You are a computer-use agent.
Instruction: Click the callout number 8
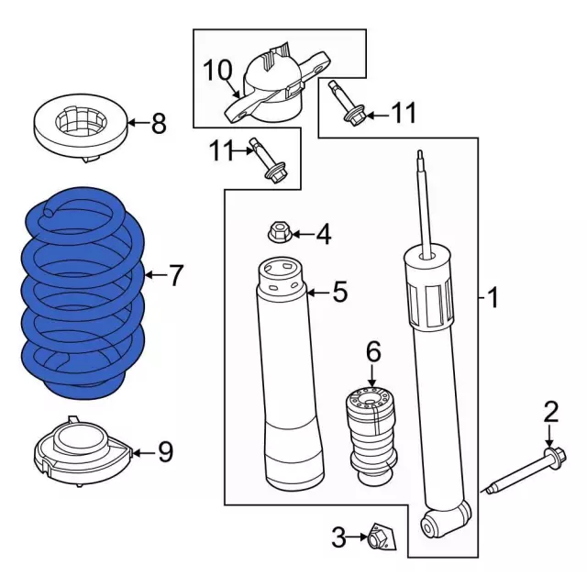(x=159, y=123)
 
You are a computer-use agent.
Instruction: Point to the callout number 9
(x=164, y=451)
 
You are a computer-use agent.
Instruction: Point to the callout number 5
(x=339, y=293)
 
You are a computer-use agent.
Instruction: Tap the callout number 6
(x=372, y=351)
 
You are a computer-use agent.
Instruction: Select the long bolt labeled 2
(x=523, y=471)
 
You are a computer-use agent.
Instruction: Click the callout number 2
(x=550, y=412)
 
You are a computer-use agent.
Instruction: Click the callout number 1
(x=493, y=298)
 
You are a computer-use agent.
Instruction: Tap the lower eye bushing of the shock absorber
(x=431, y=525)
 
